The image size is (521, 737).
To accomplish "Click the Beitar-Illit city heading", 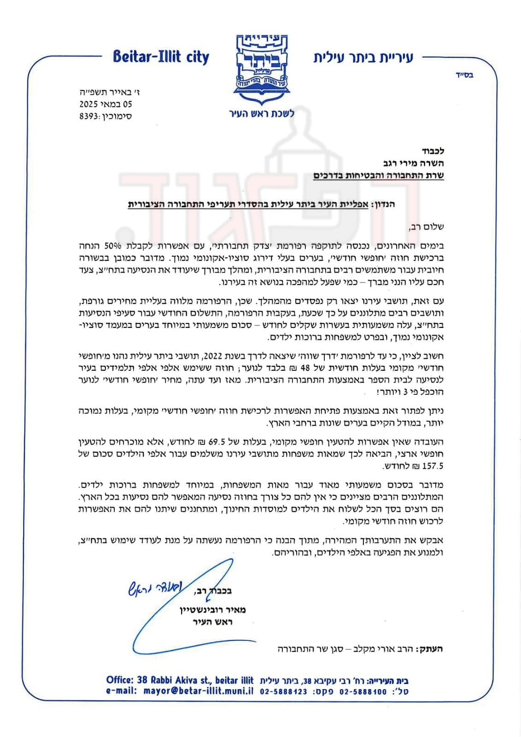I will (161, 57).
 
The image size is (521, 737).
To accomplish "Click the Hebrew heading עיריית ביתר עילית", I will (363, 57).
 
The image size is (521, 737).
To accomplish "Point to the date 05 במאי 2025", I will (105, 104).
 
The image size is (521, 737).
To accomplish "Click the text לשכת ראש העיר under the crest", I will (262, 113).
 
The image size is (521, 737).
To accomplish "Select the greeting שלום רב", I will (426, 227).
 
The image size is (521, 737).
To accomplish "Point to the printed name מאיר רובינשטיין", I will (213, 610).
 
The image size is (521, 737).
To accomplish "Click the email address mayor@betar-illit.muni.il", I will (199, 690).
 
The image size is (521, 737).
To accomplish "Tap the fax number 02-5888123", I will (283, 691).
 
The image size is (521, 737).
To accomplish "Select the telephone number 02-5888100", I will (363, 691).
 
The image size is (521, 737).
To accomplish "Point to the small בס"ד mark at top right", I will (464, 75).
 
